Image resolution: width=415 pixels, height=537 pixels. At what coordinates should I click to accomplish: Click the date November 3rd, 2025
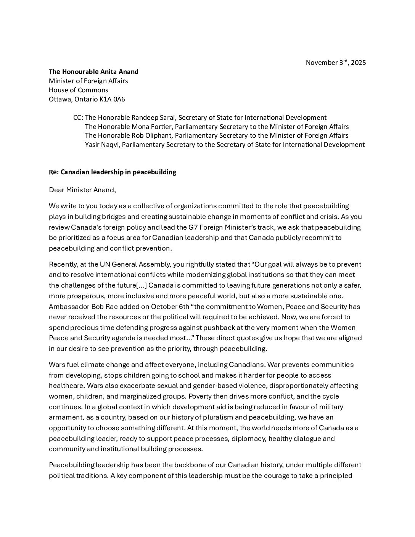336,63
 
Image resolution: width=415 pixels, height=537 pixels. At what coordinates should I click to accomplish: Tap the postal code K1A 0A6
113,100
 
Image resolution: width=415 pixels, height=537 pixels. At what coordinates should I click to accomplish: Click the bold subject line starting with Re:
113,172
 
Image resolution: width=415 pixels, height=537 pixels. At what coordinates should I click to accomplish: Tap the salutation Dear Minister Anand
82,190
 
